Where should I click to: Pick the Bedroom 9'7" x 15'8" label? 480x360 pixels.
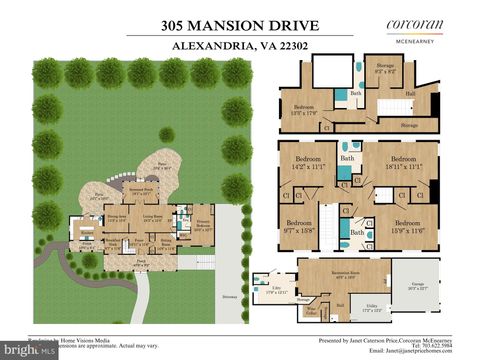[299, 225]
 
